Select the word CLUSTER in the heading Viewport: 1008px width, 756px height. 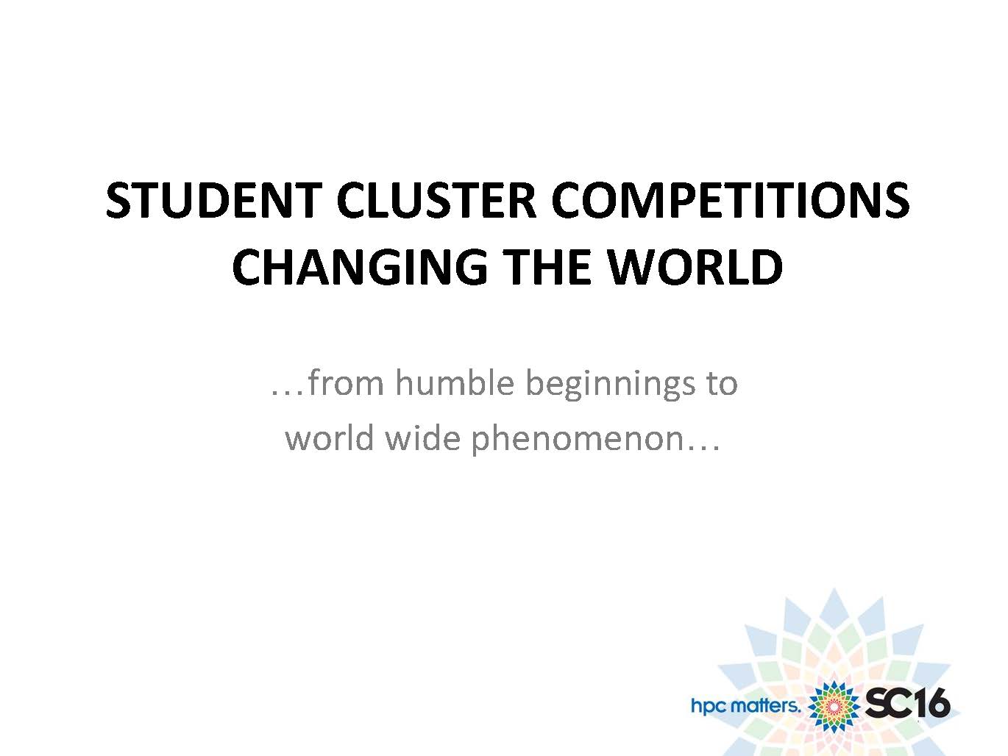click(x=436, y=201)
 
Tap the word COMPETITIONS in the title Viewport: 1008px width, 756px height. click(x=730, y=201)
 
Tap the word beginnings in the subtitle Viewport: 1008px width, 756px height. click(x=610, y=385)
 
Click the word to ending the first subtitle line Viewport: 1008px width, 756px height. click(x=722, y=384)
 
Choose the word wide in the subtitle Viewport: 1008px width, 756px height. click(x=422, y=437)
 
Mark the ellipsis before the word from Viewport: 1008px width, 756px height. click(x=288, y=393)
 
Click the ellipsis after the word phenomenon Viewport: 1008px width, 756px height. click(x=702, y=448)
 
